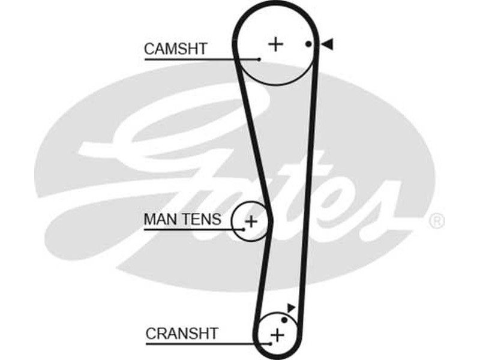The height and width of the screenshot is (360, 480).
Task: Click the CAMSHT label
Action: (175, 49)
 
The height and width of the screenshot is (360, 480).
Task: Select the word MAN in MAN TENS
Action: (158, 220)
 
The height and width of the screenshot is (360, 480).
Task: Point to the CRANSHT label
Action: (182, 333)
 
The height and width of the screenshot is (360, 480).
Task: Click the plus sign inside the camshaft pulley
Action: (275, 44)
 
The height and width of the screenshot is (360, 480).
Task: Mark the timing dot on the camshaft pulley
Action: (308, 44)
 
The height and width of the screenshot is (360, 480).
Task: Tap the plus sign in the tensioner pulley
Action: (251, 221)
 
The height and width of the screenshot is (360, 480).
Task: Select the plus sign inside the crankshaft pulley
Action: (277, 334)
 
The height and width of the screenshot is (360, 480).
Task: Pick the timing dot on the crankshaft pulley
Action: (284, 320)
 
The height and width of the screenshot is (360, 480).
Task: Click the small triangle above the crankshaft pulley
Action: (291, 308)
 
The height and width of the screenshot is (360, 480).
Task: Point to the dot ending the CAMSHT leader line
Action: (259, 59)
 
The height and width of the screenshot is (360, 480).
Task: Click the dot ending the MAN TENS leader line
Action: (244, 229)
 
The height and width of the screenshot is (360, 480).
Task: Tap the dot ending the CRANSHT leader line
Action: (271, 344)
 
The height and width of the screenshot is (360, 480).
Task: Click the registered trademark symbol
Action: (437, 221)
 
